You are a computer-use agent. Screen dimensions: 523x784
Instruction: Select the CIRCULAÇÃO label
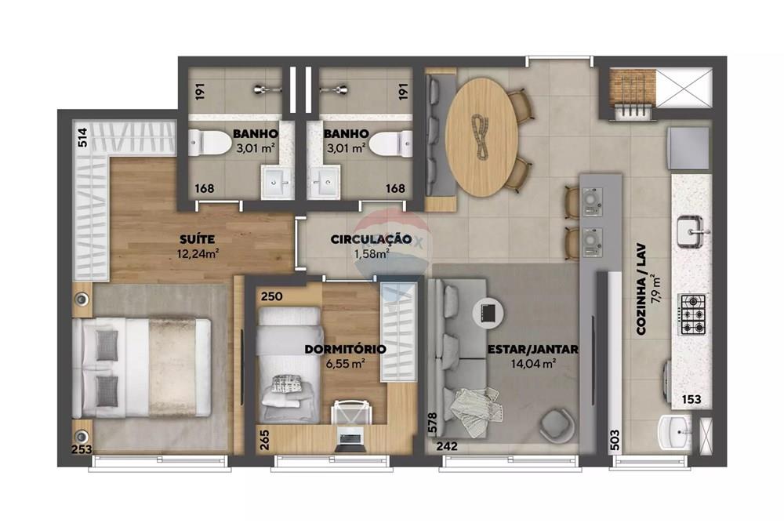pos(371,239)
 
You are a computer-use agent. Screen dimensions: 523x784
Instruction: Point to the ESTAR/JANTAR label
pos(532,349)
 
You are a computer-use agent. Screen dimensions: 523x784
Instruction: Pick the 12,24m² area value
pos(198,252)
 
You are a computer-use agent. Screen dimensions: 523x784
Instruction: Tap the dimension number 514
pos(82,139)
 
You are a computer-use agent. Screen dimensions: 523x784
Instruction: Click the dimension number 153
pos(691,400)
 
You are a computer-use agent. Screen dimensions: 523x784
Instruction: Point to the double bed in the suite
pos(143,366)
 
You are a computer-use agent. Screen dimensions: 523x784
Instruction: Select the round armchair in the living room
pos(557,424)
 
